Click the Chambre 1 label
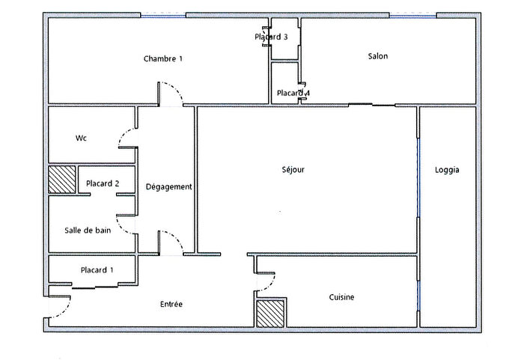(162, 58)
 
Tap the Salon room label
(378, 56)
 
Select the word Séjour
(293, 170)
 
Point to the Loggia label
(447, 170)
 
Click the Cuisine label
(341, 297)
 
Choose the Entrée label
(171, 304)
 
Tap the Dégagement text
(168, 186)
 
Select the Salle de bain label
(88, 230)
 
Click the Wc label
(82, 138)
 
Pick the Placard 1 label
(97, 270)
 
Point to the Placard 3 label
(271, 37)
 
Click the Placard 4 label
(293, 94)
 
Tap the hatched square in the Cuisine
(270, 312)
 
